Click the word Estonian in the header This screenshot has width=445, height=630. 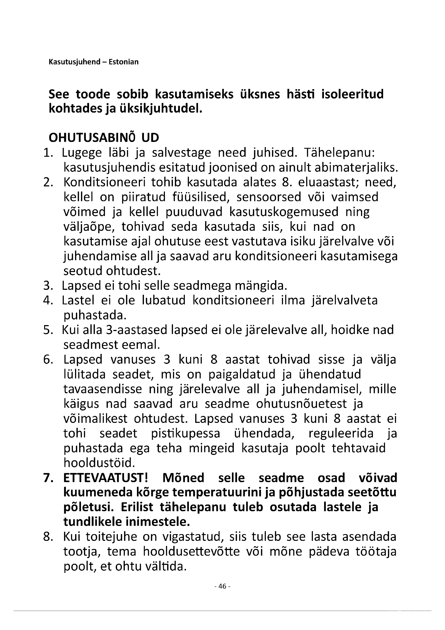click(123, 62)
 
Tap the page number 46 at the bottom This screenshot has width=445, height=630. click(222, 586)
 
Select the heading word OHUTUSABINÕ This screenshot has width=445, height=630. click(92, 138)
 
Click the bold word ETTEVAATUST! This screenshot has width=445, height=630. click(106, 478)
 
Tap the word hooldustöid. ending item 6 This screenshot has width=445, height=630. click(100, 463)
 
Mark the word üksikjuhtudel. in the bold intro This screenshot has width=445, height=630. click(161, 109)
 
